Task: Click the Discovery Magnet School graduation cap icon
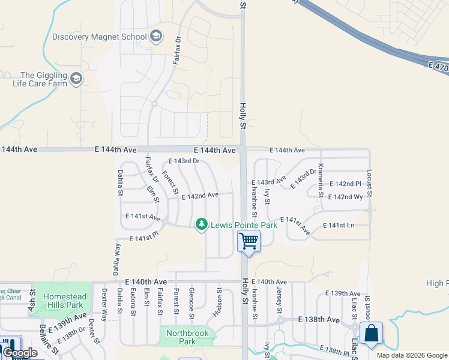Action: click(156, 37)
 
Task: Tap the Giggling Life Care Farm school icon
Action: click(76, 79)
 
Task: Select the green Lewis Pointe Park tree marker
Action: click(202, 224)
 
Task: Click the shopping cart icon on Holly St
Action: click(249, 241)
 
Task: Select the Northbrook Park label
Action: click(179, 337)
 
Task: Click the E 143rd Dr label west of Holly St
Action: click(183, 161)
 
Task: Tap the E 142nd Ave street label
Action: click(200, 196)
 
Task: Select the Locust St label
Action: click(369, 183)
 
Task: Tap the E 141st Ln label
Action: click(339, 226)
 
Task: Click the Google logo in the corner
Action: click(20, 353)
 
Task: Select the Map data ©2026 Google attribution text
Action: click(411, 355)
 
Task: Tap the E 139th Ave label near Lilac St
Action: click(343, 293)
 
